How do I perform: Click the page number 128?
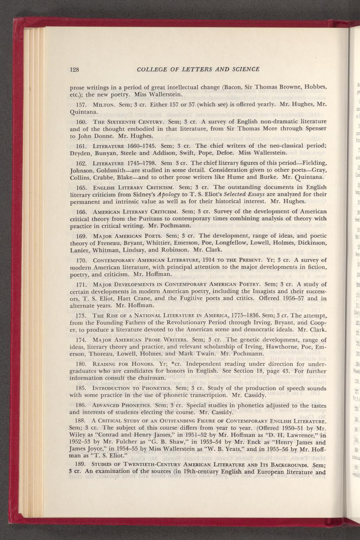(75, 70)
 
